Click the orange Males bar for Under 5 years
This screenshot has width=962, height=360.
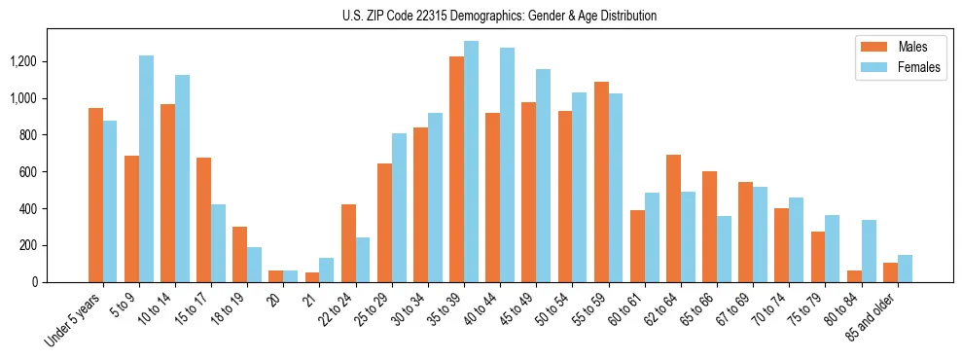click(95, 195)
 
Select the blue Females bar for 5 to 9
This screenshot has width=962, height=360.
click(146, 168)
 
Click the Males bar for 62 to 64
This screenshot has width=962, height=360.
click(673, 218)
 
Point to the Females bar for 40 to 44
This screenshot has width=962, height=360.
click(507, 164)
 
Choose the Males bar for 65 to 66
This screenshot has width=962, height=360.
click(709, 227)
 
